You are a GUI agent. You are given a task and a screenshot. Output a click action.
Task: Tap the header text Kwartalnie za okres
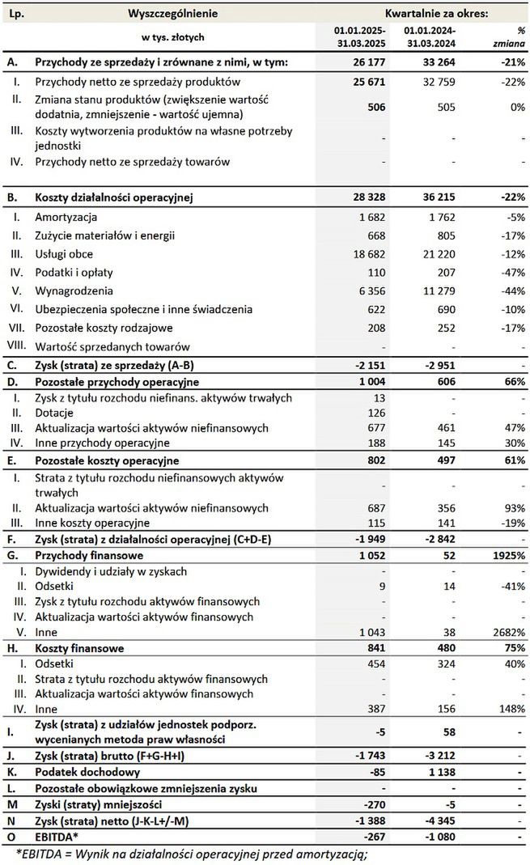436,14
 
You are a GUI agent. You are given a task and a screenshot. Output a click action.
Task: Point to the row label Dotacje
54,412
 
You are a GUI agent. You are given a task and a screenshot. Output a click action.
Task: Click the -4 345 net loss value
438,820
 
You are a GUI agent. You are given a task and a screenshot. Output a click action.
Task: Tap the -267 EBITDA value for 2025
368,836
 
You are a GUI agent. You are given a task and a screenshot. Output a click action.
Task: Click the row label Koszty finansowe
79,647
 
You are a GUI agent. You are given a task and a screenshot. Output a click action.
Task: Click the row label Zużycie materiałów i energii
105,235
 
